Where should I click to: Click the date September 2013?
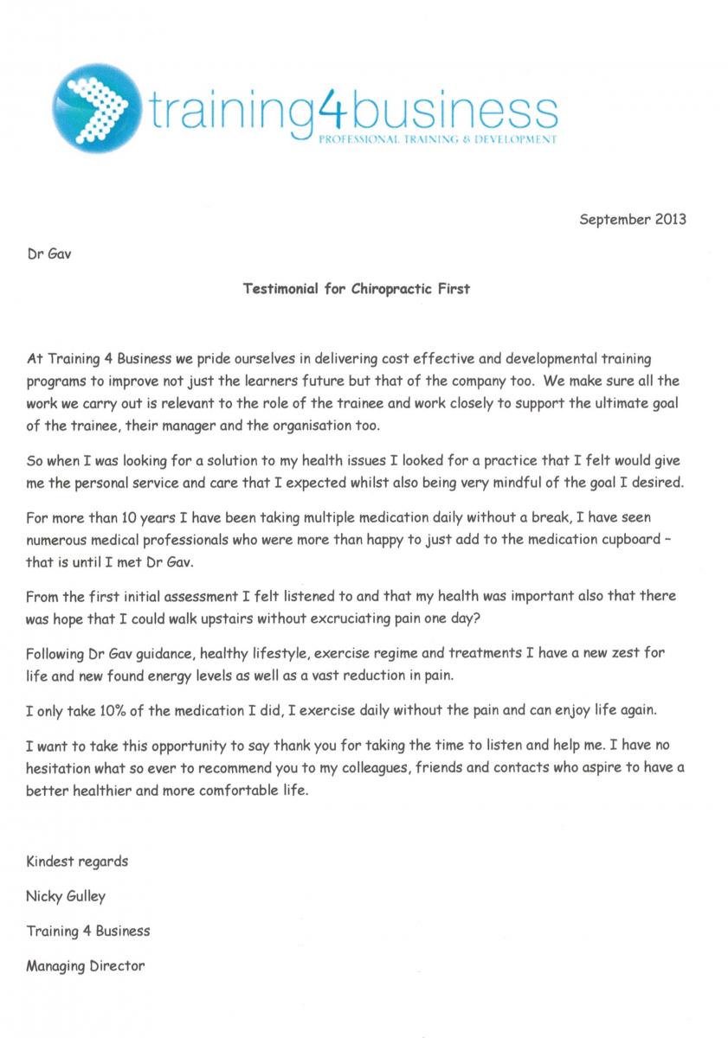pyautogui.click(x=632, y=219)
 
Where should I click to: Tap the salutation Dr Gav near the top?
pyautogui.click(x=44, y=257)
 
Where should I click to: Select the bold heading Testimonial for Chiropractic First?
pyautogui.click(x=356, y=289)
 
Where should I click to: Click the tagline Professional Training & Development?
pyautogui.click(x=438, y=138)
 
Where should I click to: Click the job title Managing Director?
pyautogui.click(x=86, y=965)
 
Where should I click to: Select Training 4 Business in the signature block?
pyautogui.click(x=88, y=931)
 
